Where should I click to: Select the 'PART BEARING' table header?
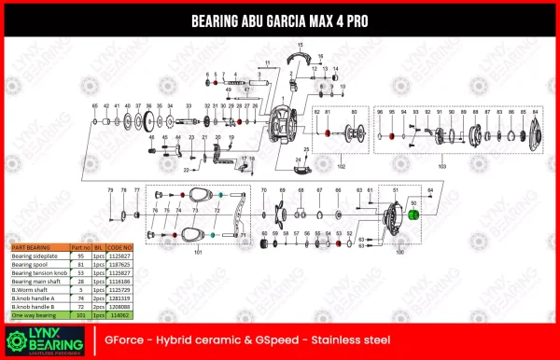click(31, 246)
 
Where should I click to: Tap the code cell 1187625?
click(120, 263)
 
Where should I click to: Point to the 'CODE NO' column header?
click(120, 246)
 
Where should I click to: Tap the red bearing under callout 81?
click(328, 134)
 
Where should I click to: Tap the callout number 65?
click(94, 106)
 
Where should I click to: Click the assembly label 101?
click(197, 253)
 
